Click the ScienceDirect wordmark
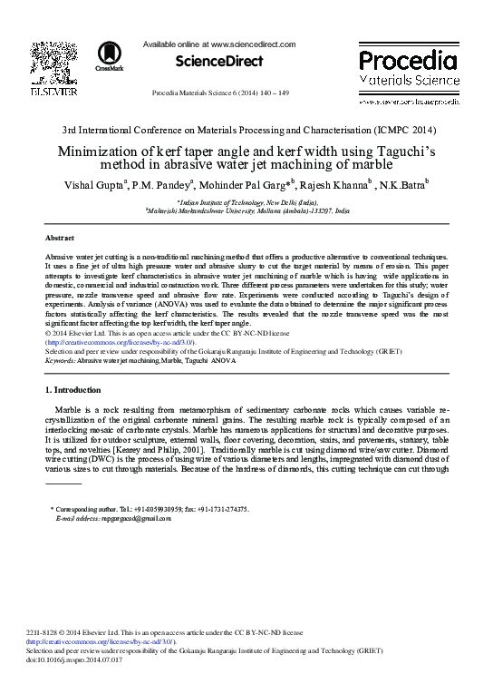pos(208,62)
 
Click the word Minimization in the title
pos(107,153)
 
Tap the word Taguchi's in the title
pos(398,153)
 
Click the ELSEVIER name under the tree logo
pos(44,93)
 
